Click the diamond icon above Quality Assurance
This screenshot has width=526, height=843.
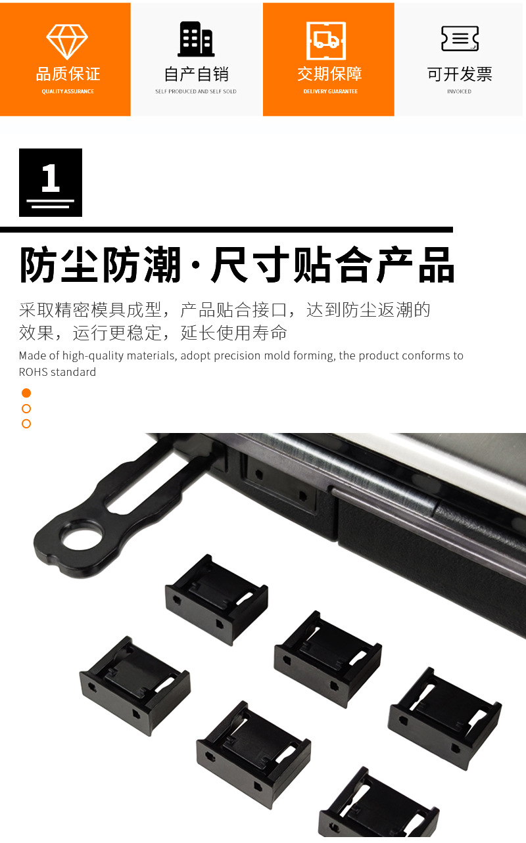[67, 41]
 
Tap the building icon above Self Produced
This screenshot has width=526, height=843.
[196, 39]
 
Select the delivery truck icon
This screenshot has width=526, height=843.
[326, 41]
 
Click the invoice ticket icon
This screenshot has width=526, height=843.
[460, 38]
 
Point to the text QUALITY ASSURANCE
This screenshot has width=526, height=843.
[68, 91]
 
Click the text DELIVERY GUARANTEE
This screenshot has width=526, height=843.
[331, 91]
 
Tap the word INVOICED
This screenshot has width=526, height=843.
[459, 91]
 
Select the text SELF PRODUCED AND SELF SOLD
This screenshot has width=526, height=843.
[196, 91]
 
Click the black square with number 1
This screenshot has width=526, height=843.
[51, 183]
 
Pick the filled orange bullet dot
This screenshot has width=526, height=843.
[26, 393]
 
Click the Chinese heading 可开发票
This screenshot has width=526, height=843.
[460, 74]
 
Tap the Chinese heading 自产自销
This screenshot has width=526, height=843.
[196, 74]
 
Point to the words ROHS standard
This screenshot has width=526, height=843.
[57, 372]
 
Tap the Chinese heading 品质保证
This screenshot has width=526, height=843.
[68, 74]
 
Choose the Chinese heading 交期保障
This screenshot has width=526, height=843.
[329, 74]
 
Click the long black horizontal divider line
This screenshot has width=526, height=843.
[226, 229]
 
